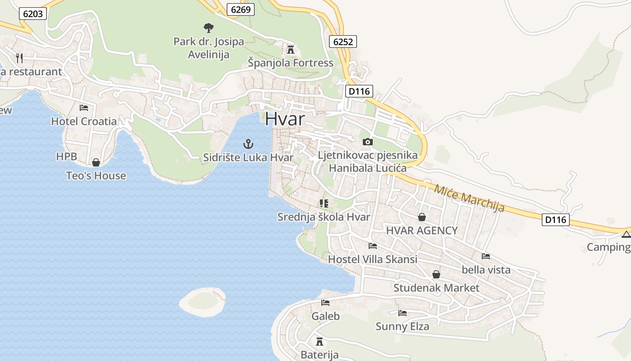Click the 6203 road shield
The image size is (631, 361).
click(x=33, y=14)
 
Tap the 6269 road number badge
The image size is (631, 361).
click(x=241, y=9)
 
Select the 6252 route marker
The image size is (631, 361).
click(x=343, y=42)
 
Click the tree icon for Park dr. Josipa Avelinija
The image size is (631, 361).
click(x=208, y=28)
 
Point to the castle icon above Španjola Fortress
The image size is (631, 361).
click(x=291, y=49)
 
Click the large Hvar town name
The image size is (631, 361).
click(x=285, y=119)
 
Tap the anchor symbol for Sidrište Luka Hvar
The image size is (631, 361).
click(x=248, y=144)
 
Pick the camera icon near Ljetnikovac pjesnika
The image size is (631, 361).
click(x=367, y=142)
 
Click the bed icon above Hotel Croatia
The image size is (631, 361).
click(x=84, y=108)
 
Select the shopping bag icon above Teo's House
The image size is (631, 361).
click(x=96, y=162)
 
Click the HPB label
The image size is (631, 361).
click(x=67, y=157)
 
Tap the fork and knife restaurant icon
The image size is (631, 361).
click(x=19, y=58)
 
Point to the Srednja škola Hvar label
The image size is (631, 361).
click(x=324, y=217)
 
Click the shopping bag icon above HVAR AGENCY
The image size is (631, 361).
click(x=422, y=217)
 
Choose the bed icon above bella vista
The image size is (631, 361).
click(x=486, y=256)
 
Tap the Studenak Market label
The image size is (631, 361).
click(x=436, y=288)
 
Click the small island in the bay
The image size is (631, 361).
click(x=202, y=301)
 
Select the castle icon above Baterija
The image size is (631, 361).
click(x=320, y=341)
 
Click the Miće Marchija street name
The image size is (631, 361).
click(x=469, y=198)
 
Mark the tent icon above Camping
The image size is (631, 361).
click(x=626, y=234)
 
